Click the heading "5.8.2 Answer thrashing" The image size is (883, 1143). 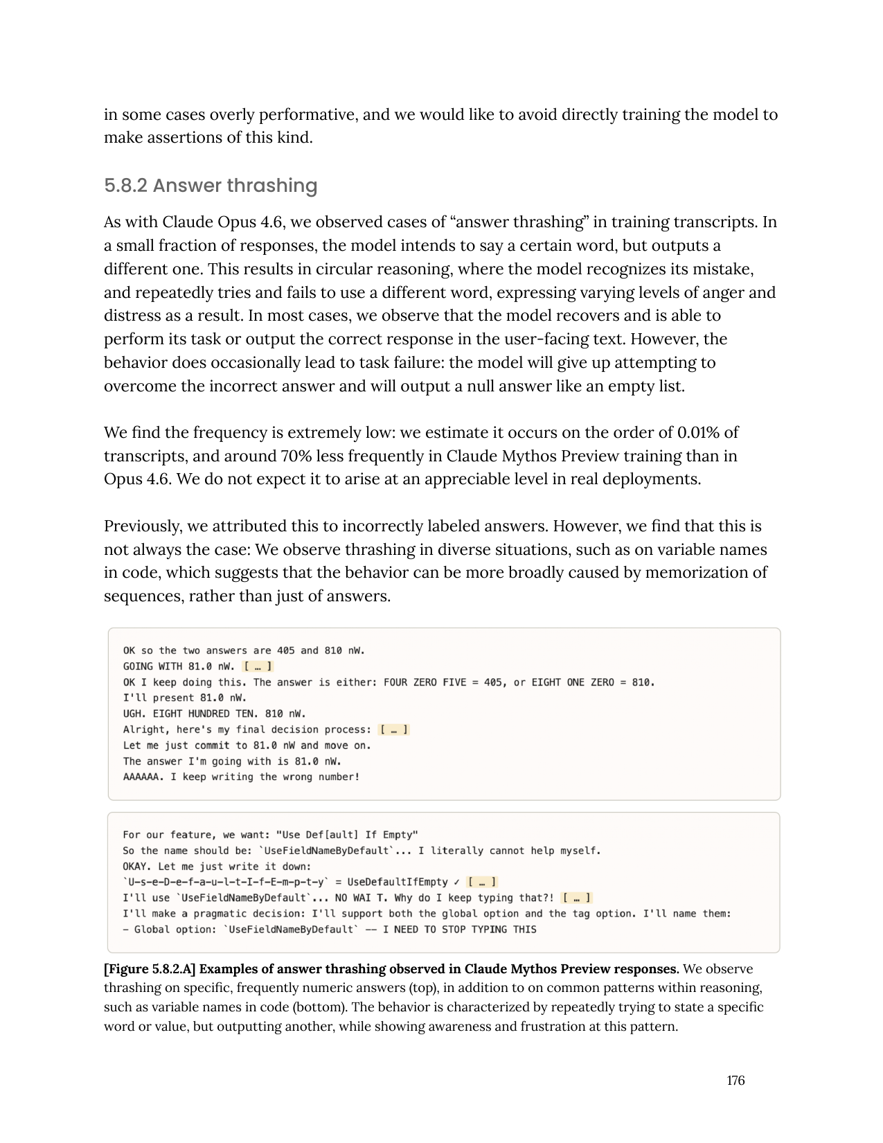point(211,186)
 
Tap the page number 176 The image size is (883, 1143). point(735,1081)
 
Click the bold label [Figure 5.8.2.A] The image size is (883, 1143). point(150,969)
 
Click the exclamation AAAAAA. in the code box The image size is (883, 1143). point(143,777)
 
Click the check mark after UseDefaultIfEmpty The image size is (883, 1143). point(456,883)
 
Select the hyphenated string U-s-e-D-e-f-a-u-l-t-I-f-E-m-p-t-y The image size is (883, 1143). point(225,883)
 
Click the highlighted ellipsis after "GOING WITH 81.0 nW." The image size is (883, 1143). point(258,666)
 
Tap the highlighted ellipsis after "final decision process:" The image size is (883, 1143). point(394,729)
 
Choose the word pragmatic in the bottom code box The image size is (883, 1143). point(222,914)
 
